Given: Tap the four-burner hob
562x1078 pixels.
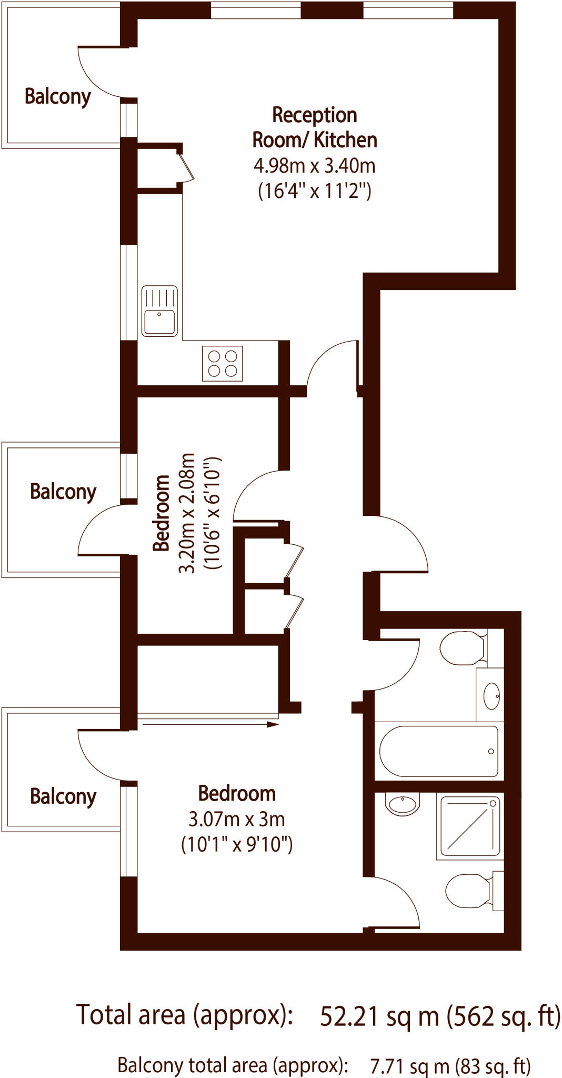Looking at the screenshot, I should tap(223, 363).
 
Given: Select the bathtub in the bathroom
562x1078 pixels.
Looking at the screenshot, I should tap(438, 751).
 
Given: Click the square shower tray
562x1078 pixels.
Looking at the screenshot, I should tap(470, 826).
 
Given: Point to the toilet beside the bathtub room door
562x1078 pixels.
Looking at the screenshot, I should tap(463, 648).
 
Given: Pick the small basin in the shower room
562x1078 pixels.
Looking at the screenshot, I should tap(402, 804).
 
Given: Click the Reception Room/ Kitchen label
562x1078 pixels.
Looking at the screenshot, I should tap(315, 127).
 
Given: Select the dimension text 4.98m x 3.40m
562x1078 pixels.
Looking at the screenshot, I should tap(315, 166).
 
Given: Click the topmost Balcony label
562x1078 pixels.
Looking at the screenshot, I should tap(58, 96).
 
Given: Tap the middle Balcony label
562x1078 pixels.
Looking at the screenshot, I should tap(63, 492).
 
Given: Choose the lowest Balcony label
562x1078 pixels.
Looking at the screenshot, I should tap(63, 796).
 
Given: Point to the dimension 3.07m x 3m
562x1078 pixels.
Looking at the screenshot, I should tap(237, 819).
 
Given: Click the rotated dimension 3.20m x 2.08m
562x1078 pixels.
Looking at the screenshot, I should tap(187, 513).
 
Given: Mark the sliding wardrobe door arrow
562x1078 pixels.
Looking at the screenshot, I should tap(210, 724).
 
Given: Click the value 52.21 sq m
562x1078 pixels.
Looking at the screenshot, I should tap(379, 1016).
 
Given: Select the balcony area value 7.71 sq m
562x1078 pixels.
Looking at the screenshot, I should tap(410, 1065).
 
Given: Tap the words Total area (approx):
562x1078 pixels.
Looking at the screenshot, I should tap(184, 1014).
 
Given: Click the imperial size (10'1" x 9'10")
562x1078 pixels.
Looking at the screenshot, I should tap(237, 844).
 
